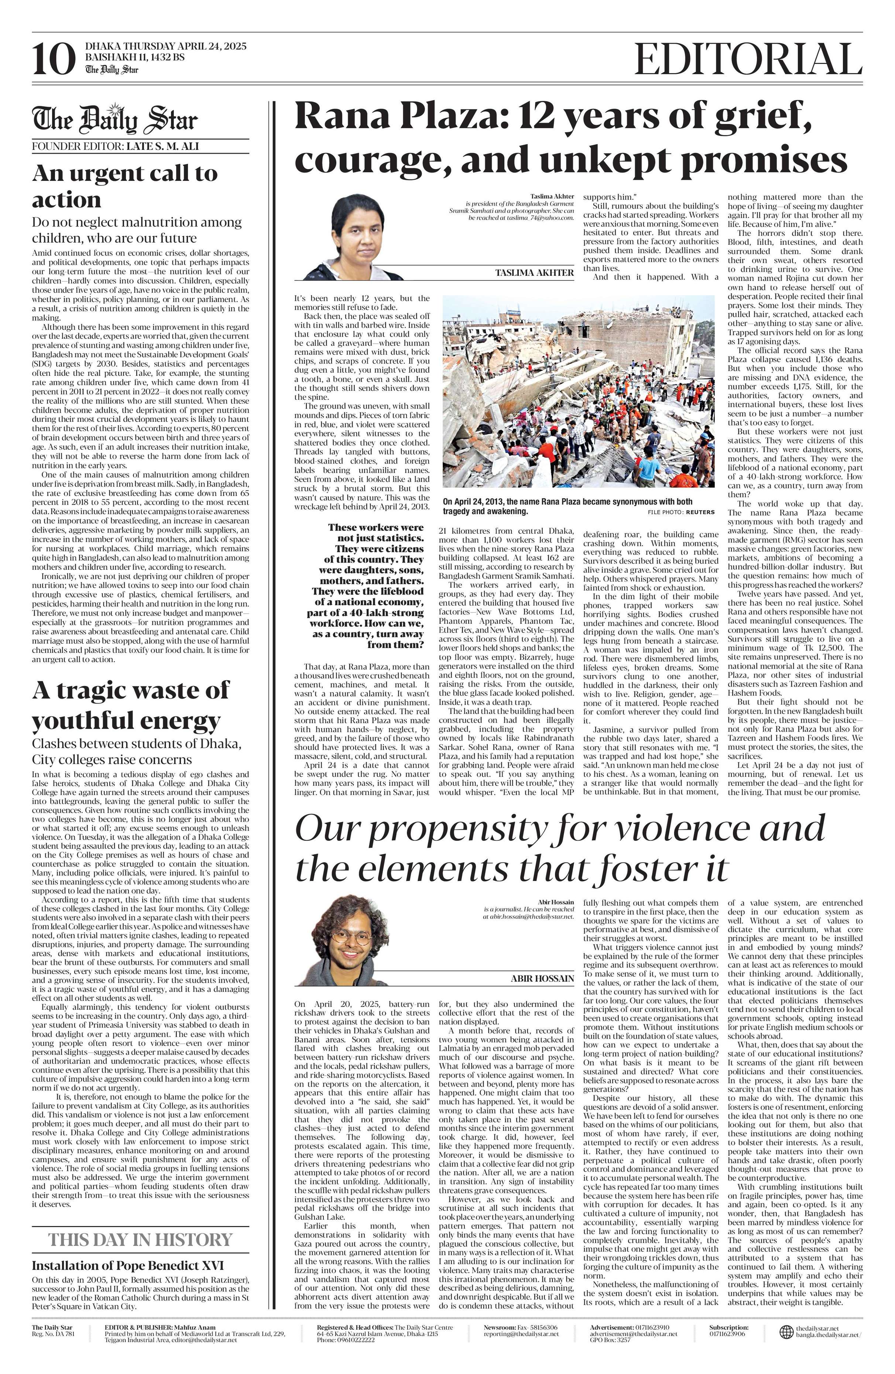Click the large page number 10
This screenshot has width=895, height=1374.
click(54, 59)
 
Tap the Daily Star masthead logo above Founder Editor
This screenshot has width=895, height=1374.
click(114, 120)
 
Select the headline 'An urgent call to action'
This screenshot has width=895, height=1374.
click(125, 186)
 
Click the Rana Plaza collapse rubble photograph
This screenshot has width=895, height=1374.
click(578, 392)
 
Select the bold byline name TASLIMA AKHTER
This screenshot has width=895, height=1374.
click(534, 272)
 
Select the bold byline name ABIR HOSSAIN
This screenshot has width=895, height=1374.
click(542, 978)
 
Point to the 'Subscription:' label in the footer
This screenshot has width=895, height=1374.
click(729, 1327)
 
